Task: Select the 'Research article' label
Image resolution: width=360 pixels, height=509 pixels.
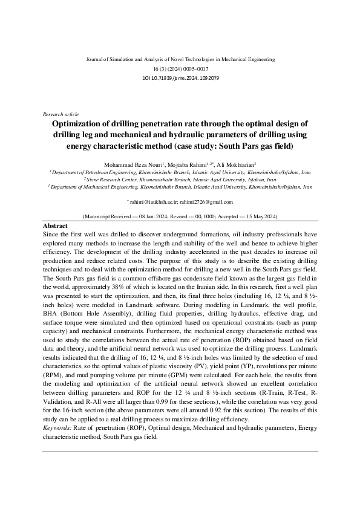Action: [x=61, y=114]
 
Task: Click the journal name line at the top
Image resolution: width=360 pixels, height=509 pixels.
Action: [x=180, y=60]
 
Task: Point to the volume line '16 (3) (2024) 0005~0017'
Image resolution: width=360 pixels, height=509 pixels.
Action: [x=180, y=69]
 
